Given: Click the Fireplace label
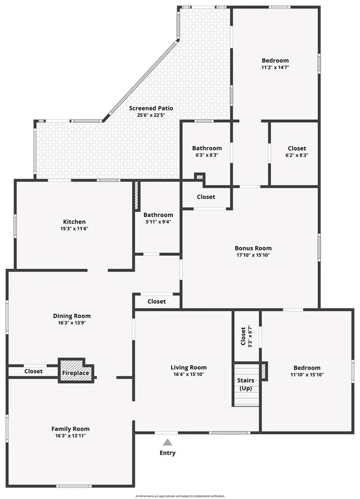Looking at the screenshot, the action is pyautogui.click(x=76, y=373).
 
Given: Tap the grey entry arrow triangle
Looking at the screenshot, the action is pyautogui.click(x=168, y=442).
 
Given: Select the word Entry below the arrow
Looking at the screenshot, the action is pyautogui.click(x=168, y=453).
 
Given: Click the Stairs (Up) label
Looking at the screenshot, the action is pyautogui.click(x=246, y=384).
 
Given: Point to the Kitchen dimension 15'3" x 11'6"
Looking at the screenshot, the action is pyautogui.click(x=75, y=229).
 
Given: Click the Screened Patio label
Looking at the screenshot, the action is pyautogui.click(x=151, y=108).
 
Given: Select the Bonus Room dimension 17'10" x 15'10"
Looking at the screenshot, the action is pyautogui.click(x=253, y=255).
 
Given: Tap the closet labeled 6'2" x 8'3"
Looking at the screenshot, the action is pyautogui.click(x=297, y=152).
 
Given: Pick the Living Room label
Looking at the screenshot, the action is pyautogui.click(x=189, y=367).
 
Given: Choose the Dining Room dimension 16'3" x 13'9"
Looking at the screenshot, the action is pyautogui.click(x=72, y=323).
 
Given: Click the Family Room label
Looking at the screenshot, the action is pyautogui.click(x=71, y=429).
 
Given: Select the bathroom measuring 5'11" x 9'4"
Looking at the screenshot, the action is pyautogui.click(x=158, y=218).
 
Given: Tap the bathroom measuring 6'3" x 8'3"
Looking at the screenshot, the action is pyautogui.click(x=207, y=152).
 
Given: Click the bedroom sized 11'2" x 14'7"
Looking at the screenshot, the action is pyautogui.click(x=275, y=64).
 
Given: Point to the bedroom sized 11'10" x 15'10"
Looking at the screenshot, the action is pyautogui.click(x=307, y=371).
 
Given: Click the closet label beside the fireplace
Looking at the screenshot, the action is pyautogui.click(x=34, y=371).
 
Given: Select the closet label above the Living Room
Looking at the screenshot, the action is pyautogui.click(x=156, y=301).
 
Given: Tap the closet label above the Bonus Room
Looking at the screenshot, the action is pyautogui.click(x=206, y=197).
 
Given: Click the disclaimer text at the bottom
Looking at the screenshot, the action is pyautogui.click(x=180, y=496).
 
